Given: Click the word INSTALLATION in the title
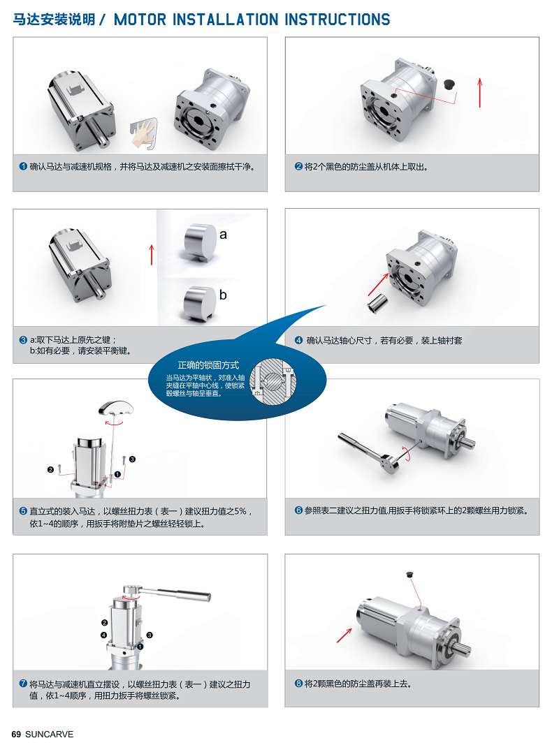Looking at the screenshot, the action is [x=224, y=20].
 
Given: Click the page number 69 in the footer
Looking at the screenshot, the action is [x=16, y=735].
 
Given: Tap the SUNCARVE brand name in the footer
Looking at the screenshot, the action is [x=49, y=735].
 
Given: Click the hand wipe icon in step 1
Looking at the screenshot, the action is [x=143, y=133].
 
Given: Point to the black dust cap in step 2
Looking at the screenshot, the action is [x=449, y=84].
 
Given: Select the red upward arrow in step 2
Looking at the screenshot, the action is [x=479, y=93].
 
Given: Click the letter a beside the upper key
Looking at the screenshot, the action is [x=223, y=235].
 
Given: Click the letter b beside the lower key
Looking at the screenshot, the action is [x=223, y=295].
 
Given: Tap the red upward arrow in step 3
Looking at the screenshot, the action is [x=152, y=255].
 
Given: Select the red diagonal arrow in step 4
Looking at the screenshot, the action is [x=379, y=284].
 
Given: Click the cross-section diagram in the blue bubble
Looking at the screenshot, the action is [x=273, y=381].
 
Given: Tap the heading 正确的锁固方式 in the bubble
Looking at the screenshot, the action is [x=208, y=365].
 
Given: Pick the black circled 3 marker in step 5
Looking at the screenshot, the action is [x=132, y=459].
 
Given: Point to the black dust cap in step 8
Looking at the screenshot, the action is [x=409, y=573].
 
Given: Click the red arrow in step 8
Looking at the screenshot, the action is [x=344, y=635].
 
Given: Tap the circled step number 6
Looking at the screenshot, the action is [x=298, y=510].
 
